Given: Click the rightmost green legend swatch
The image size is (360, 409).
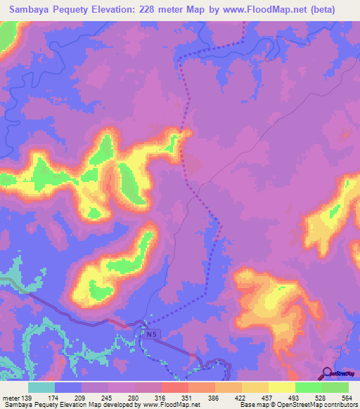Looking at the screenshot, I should click(335, 387).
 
